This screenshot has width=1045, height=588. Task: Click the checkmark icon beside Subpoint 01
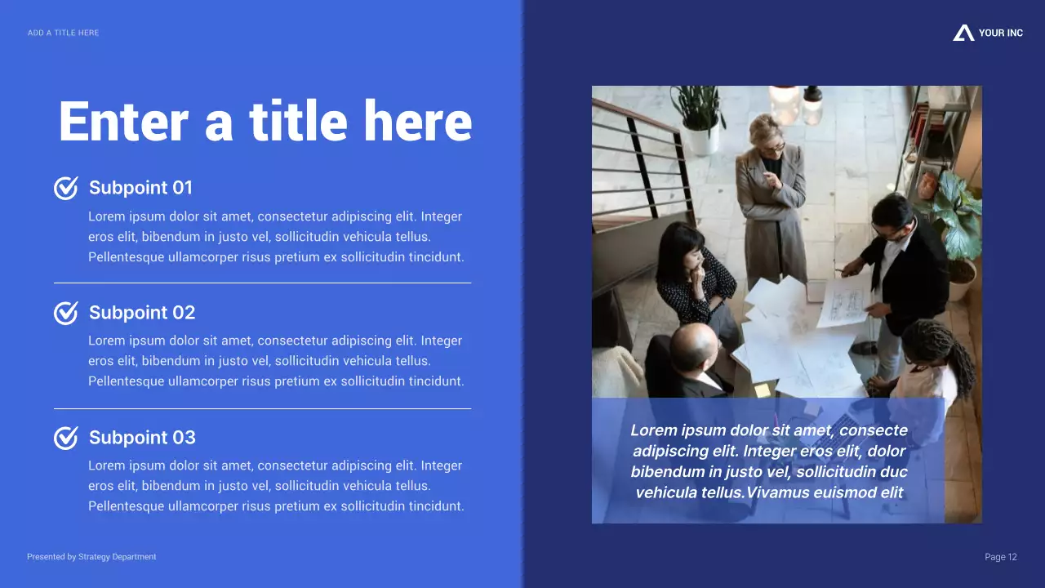pos(66,188)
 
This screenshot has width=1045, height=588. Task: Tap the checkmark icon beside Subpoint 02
pos(66,313)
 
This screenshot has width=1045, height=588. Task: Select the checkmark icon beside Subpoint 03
pos(66,438)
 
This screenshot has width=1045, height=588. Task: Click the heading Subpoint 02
pos(142,313)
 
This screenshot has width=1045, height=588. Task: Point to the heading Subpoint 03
pos(142,438)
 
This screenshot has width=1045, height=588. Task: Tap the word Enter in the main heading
pos(123,122)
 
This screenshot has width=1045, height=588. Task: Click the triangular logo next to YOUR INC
pos(963,33)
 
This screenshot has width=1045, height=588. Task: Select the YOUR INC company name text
pos(1000,33)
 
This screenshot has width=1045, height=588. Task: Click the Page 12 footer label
pos(1001,557)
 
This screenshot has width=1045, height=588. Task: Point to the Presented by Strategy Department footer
pos(91,557)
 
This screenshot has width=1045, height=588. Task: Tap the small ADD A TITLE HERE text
pos(63,33)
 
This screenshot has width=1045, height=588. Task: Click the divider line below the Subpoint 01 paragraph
pos(262,283)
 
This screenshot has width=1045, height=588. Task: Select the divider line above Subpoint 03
pos(262,408)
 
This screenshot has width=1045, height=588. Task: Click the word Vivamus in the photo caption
pos(783,492)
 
